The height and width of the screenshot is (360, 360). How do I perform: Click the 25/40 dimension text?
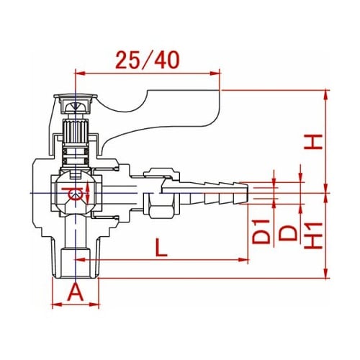coord(148,60)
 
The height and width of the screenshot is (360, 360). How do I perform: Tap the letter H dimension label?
coord(313,142)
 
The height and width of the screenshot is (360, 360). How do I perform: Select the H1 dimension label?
coord(313,235)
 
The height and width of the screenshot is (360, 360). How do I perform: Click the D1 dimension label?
coord(261,231)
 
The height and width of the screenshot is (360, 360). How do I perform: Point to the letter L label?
coord(161,247)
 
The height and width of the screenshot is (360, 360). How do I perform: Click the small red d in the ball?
coord(73,194)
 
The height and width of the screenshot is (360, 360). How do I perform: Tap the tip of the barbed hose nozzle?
coord(246,194)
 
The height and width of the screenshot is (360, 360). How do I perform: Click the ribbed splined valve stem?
coord(76,132)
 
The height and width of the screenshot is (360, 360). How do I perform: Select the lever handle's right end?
coord(219,107)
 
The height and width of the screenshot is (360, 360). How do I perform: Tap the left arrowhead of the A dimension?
coord(55,305)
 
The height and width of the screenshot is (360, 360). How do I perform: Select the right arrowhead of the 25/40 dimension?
coord(215,73)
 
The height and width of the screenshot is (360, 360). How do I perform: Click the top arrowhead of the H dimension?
coord(325,94)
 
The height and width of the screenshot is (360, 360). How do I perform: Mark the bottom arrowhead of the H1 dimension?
coord(325,274)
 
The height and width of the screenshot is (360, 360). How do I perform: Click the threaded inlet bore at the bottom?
coord(76,264)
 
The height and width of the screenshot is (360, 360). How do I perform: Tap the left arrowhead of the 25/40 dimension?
coord(80,73)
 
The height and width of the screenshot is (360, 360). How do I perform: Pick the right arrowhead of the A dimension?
coord(95,305)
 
